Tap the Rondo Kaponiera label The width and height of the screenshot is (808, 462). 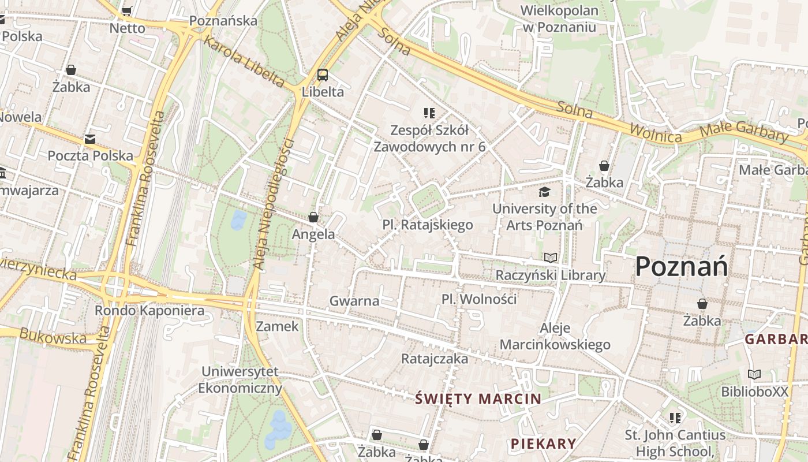coord(149,311)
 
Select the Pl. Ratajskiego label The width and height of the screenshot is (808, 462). coord(428,225)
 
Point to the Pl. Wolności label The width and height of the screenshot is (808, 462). coord(479,299)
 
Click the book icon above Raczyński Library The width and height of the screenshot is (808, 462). coord(551,258)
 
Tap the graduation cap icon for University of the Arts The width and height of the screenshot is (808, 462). coord(544,192)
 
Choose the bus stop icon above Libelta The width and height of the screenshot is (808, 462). coord(323,74)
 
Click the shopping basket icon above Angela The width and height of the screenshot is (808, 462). coord(313,217)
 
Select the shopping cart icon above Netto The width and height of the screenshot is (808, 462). coord(127,11)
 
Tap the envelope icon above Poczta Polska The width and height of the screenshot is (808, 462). coord(90,139)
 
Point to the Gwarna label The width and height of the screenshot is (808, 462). coord(354,301)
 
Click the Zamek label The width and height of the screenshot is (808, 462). coord(278,326)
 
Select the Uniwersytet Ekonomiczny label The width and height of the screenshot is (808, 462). coord(240,379)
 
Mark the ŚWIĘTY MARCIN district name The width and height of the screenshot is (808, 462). coord(478,398)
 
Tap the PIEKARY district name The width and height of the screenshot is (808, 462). coord(543,444)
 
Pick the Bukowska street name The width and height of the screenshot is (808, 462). coord(53,337)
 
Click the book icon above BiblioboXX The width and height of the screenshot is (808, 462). coord(754,374)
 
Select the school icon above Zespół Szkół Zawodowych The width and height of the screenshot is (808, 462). coord(429,113)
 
